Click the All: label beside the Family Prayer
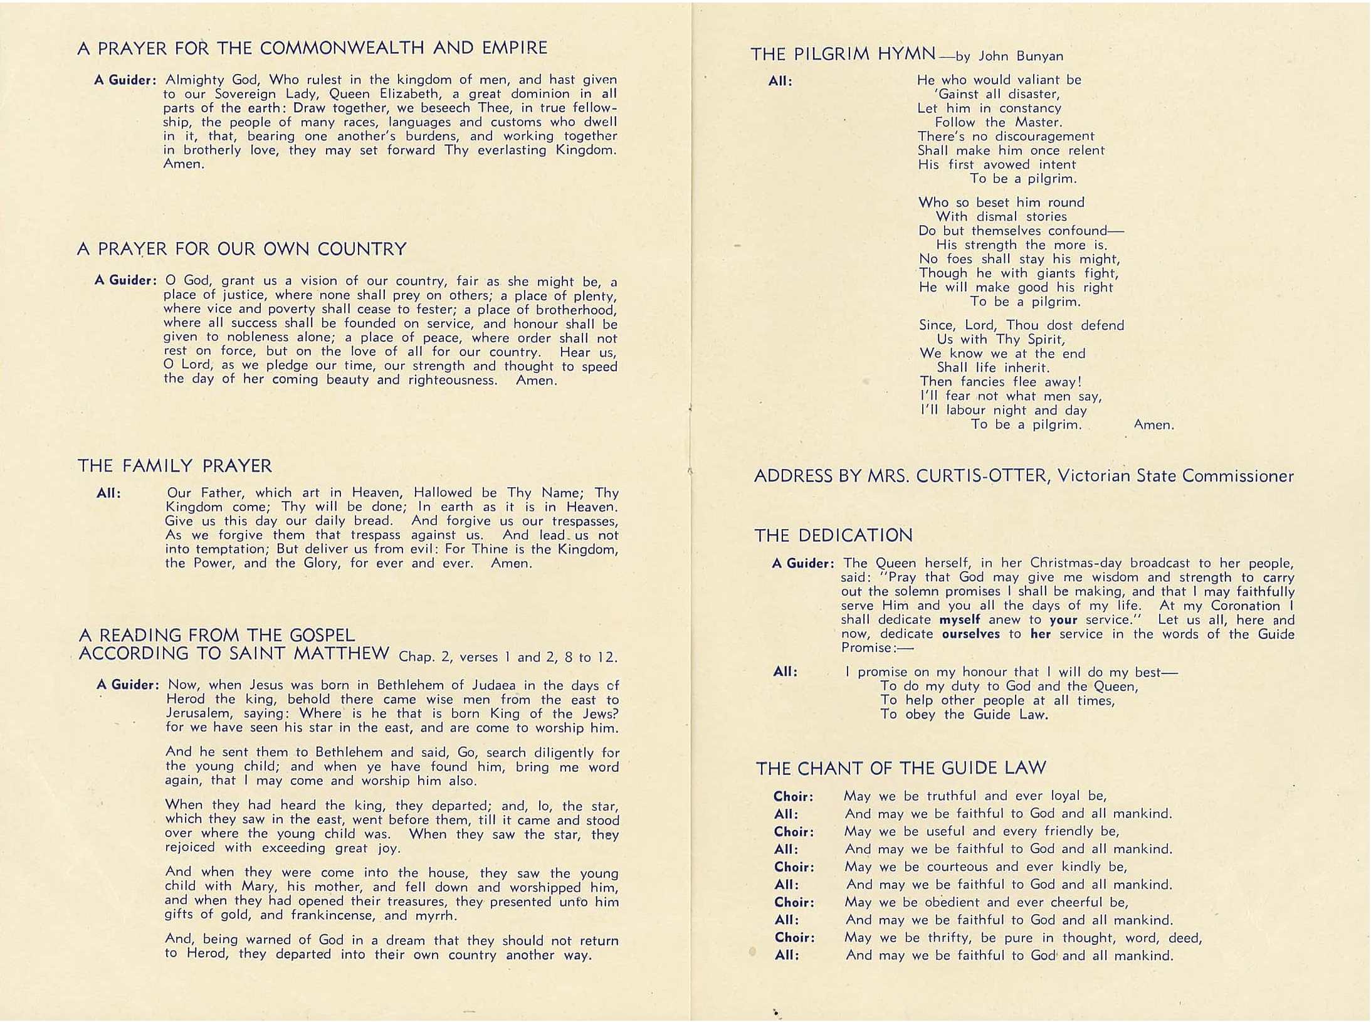[108, 493]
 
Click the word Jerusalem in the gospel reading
[194, 714]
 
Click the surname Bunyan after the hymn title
[1040, 56]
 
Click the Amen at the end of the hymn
[1153, 425]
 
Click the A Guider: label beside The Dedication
[803, 564]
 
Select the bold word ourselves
[971, 634]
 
